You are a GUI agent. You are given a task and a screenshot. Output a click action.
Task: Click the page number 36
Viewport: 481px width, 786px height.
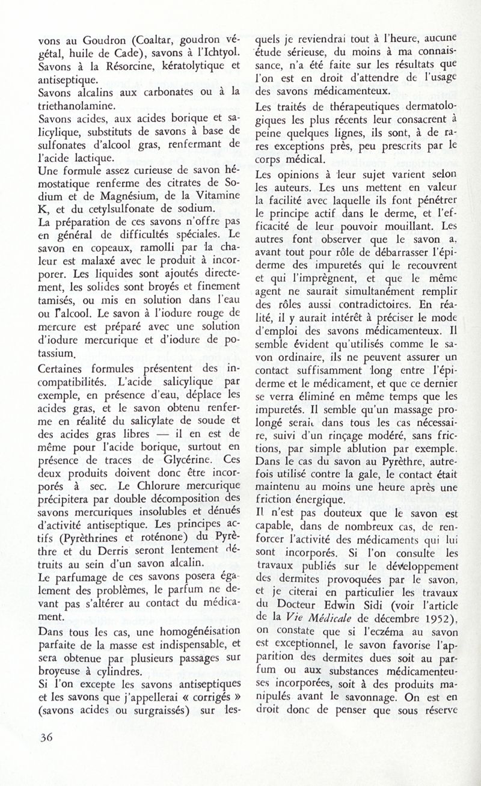pos(45,755)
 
